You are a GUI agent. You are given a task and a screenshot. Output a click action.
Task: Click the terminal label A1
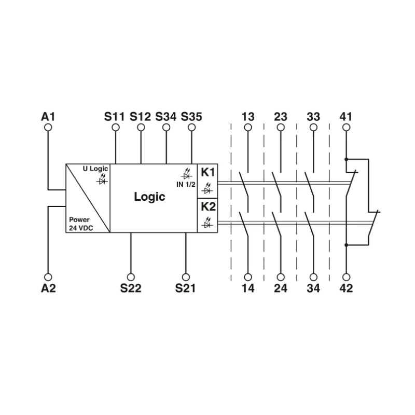pyautogui.click(x=48, y=117)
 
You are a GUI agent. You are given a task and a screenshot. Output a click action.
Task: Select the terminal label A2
pyautogui.click(x=48, y=288)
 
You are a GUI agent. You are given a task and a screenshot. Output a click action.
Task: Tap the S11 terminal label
pyautogui.click(x=114, y=117)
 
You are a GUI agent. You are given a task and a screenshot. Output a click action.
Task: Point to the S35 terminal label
pyautogui.click(x=191, y=117)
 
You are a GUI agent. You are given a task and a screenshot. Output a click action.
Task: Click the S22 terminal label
pyautogui.click(x=131, y=288)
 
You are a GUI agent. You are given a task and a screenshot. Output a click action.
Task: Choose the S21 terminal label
pyautogui.click(x=185, y=288)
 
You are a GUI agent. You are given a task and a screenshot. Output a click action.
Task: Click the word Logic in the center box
pyautogui.click(x=149, y=197)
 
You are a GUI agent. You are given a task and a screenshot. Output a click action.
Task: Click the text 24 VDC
pyautogui.click(x=79, y=228)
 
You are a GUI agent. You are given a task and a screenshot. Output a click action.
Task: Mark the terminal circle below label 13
pyautogui.click(x=248, y=127)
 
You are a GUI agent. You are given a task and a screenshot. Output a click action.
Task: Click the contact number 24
pyautogui.click(x=281, y=288)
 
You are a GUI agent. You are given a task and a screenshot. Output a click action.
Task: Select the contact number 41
pyautogui.click(x=346, y=117)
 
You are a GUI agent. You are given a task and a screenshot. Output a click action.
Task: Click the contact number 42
pyautogui.click(x=346, y=288)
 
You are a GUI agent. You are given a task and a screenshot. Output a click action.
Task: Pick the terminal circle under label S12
pyautogui.click(x=140, y=127)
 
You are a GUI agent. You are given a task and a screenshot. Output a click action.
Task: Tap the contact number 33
pyautogui.click(x=313, y=117)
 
